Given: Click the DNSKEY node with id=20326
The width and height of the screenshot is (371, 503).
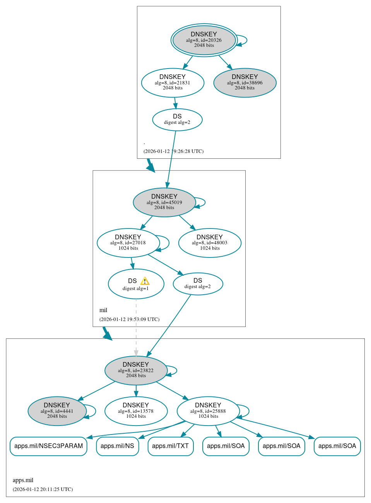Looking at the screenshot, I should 204,40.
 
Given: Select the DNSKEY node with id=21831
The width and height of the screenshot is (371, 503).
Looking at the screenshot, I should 173,82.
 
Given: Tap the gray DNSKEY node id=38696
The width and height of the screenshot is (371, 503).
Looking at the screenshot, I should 244,82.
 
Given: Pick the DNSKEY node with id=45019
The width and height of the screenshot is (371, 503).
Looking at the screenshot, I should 164,202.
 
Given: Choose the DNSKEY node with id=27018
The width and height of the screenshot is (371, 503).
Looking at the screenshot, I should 128,243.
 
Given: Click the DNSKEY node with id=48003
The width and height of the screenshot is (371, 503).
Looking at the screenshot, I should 210,243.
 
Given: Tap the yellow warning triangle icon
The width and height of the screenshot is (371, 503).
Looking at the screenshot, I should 145,281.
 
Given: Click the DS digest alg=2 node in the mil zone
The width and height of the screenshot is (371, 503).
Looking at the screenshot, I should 198,283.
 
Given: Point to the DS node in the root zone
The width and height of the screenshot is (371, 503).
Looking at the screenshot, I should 177,119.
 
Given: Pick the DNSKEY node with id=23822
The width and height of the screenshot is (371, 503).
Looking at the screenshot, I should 136,370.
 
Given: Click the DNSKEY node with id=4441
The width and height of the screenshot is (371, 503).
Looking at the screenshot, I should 57,411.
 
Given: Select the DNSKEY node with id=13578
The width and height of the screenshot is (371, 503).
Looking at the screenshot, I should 136,411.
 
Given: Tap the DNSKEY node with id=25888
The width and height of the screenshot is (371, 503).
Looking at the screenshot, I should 208,411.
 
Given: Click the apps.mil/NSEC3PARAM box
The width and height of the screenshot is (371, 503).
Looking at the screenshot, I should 48,446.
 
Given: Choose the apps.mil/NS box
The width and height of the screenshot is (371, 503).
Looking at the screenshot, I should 117,446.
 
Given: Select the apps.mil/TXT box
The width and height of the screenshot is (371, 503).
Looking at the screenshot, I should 170,446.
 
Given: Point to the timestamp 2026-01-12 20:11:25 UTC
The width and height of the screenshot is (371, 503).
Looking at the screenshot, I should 43,489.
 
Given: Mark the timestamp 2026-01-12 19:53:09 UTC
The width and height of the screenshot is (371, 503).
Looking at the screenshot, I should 129,319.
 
